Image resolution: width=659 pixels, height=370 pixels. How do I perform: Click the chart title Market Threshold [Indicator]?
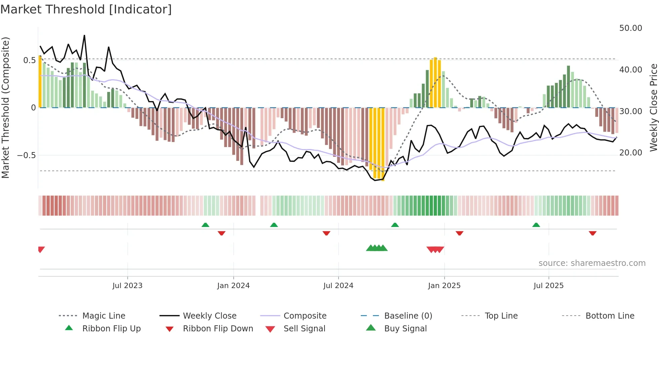coord(86,9)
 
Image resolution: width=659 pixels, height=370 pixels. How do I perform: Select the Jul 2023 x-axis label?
coord(127,286)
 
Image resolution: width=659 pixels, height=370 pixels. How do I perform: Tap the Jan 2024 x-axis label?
coord(233,286)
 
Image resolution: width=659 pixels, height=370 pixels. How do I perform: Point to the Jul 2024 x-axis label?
coord(338,286)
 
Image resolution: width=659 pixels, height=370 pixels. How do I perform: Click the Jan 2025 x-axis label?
coord(444,286)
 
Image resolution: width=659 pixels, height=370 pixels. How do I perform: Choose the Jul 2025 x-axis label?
coord(548,286)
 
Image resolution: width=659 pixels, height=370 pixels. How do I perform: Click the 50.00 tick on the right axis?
coord(630,28)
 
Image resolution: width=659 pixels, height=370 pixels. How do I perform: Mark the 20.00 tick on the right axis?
coord(630,153)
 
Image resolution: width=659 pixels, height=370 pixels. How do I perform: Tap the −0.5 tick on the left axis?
coord(26,155)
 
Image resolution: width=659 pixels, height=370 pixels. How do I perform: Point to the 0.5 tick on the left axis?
coord(29,60)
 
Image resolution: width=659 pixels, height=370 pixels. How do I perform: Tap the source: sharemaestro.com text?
coord(592,263)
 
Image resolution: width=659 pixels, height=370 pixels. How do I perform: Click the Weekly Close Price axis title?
coord(653,107)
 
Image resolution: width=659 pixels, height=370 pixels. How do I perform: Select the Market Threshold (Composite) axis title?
coord(5,107)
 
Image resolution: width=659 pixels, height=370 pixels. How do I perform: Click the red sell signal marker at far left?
coord(41,249)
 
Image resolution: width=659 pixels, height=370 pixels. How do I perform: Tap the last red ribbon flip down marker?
coord(592,233)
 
